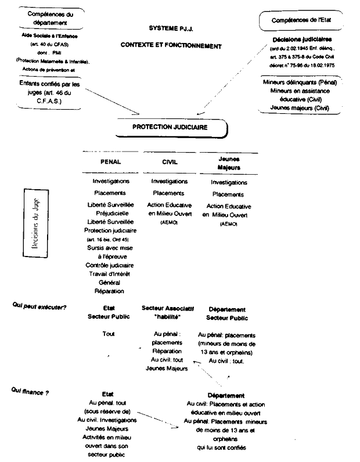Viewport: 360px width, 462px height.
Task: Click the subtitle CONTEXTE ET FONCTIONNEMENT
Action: point(171,45)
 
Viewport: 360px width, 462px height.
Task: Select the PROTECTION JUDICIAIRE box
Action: point(170,125)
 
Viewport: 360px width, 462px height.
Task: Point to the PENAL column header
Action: point(111,162)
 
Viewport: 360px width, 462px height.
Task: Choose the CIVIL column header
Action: point(170,162)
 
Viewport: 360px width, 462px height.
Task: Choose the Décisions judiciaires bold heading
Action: point(297,39)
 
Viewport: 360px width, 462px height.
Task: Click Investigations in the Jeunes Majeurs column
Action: point(228,182)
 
